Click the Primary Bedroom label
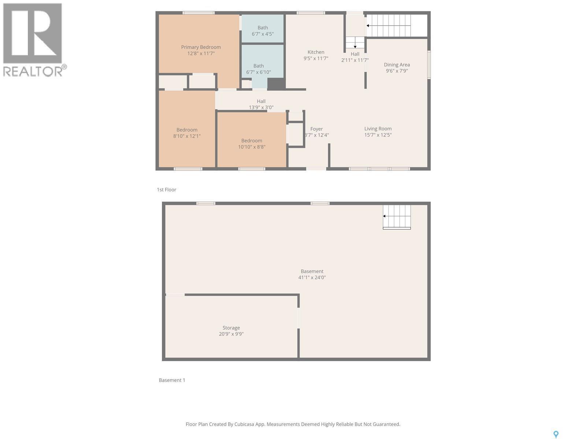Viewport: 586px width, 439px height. [201, 47]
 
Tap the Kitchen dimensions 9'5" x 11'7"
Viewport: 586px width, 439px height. [316, 59]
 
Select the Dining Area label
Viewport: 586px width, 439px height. [397, 65]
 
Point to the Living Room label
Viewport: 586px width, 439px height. [378, 129]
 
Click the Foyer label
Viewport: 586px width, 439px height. [316, 129]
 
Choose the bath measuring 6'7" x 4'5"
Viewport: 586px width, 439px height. [263, 31]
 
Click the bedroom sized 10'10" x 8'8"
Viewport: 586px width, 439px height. [252, 143]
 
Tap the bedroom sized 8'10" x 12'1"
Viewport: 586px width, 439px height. [187, 133]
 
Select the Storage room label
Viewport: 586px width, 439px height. [231, 328]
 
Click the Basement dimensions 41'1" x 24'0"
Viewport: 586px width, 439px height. [312, 278]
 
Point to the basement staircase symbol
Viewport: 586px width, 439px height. [397, 217]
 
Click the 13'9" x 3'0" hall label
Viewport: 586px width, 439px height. [261, 104]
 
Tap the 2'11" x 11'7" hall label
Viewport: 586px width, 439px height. [355, 57]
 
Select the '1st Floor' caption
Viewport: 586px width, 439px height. [167, 190]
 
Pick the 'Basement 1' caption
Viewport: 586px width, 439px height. [172, 380]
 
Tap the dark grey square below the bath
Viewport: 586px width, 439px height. [276, 84]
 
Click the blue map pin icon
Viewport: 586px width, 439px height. [556, 434]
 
